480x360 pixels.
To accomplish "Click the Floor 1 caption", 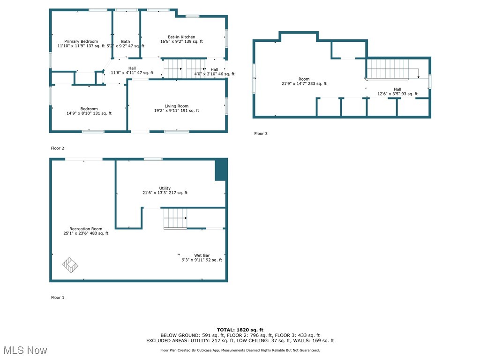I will [x=58, y=297].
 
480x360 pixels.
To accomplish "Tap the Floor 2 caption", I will [x=58, y=148].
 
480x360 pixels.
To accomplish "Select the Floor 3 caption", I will [x=261, y=134].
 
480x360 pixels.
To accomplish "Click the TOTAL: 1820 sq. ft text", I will [x=240, y=330].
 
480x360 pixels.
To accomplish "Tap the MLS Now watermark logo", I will [x=25, y=350].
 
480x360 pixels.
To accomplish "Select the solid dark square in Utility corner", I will [x=221, y=170].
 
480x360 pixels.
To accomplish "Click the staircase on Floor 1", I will [x=175, y=218].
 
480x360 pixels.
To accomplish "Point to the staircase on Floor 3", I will [x=388, y=69].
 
